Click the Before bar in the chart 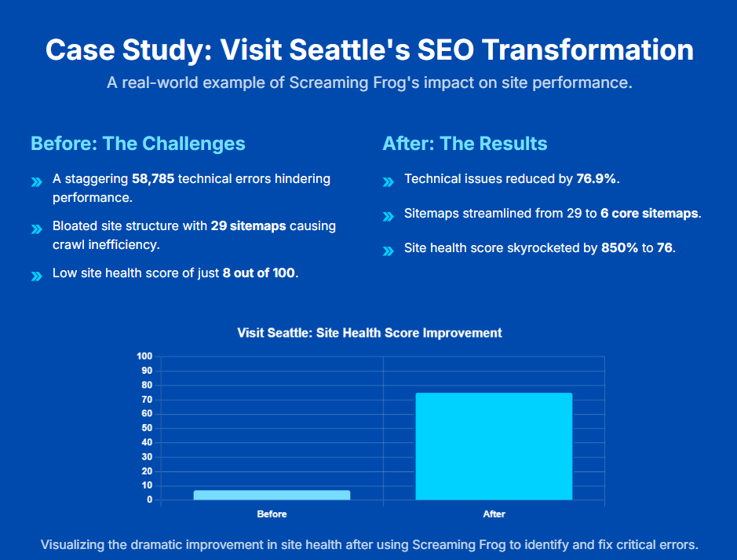tap(272, 495)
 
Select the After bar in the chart tap(494, 446)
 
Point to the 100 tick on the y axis tap(144, 357)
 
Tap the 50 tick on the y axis tap(147, 428)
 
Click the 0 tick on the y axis tap(149, 500)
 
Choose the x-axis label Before tap(272, 514)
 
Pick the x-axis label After tap(494, 514)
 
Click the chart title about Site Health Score tap(369, 333)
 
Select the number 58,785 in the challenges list tap(153, 179)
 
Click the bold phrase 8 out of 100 tap(260, 274)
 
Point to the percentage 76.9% tap(597, 179)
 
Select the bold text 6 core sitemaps tap(651, 214)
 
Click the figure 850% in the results tap(618, 248)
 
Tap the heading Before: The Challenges tap(138, 144)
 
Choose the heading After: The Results tap(465, 144)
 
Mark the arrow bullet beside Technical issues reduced tap(388, 182)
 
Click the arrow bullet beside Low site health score tap(36, 276)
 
